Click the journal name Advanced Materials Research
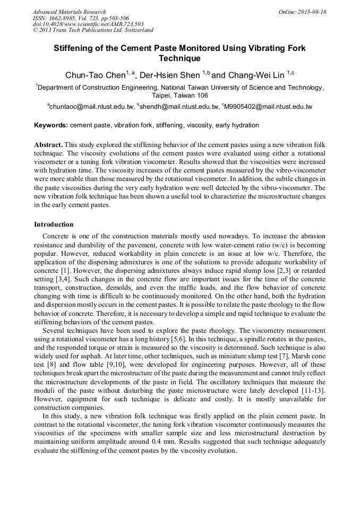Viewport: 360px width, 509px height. click(x=69, y=12)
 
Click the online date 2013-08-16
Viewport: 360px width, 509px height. click(x=312, y=12)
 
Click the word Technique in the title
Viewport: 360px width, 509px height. click(x=179, y=58)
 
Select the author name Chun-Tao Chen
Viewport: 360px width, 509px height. click(x=95, y=75)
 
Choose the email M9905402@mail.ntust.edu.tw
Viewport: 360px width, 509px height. click(x=268, y=107)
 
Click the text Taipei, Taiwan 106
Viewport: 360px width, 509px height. click(x=179, y=96)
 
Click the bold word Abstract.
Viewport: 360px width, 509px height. click(x=49, y=145)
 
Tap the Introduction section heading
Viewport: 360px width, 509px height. click(x=54, y=225)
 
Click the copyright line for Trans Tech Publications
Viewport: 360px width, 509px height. click(x=93, y=30)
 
